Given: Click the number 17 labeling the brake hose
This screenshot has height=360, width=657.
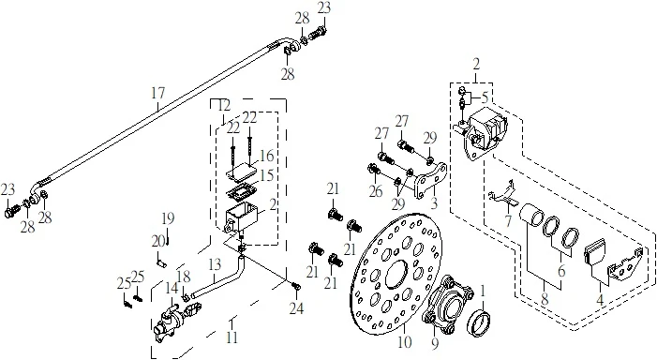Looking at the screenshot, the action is tap(158, 93).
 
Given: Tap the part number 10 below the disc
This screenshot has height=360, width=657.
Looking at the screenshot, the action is tap(405, 342).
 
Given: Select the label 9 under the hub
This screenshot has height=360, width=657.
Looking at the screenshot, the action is tap(435, 344).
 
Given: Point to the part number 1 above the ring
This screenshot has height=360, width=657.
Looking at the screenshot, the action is tap(483, 291).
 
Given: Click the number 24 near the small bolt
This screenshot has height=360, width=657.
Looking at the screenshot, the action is tap(296, 308).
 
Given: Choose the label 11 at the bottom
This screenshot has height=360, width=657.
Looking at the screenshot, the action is tap(231, 337).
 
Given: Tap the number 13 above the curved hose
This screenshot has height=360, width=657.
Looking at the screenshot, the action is tap(215, 264).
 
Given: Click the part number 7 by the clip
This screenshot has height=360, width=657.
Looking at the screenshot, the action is tap(508, 221).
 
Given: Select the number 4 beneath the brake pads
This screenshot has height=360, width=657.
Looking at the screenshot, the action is tap(600, 300).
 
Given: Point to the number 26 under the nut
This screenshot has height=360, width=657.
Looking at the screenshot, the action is tap(376, 191).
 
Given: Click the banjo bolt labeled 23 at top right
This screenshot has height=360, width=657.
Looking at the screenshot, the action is tap(319, 32).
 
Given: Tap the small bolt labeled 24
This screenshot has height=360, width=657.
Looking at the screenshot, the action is tap(296, 286).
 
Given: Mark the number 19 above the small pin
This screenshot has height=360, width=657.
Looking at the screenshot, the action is tap(168, 218).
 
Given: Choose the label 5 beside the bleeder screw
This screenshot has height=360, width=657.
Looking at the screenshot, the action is tap(485, 97).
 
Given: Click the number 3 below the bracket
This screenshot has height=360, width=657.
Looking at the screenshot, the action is tap(434, 203).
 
